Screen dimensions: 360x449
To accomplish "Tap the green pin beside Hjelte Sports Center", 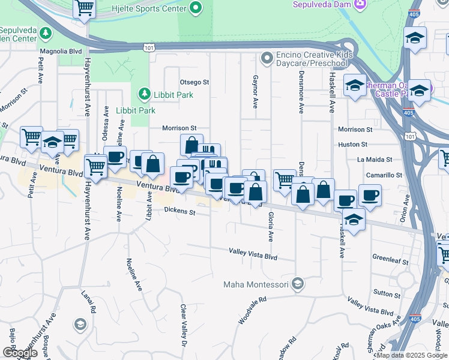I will (194, 8).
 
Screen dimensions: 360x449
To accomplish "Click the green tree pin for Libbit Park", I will (143, 94).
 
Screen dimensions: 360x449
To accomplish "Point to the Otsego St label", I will (194, 82).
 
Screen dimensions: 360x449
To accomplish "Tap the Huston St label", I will (352, 145).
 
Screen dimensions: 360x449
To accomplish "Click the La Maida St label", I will (374, 160).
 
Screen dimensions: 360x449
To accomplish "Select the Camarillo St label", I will (384, 175).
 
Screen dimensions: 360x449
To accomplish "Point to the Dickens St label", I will (181, 212).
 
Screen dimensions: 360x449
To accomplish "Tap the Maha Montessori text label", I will (256, 284).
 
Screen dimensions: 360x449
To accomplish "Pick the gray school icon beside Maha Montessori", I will (298, 284).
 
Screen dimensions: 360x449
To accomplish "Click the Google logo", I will (20, 353).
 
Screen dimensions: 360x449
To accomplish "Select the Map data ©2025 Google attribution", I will (412, 355).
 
